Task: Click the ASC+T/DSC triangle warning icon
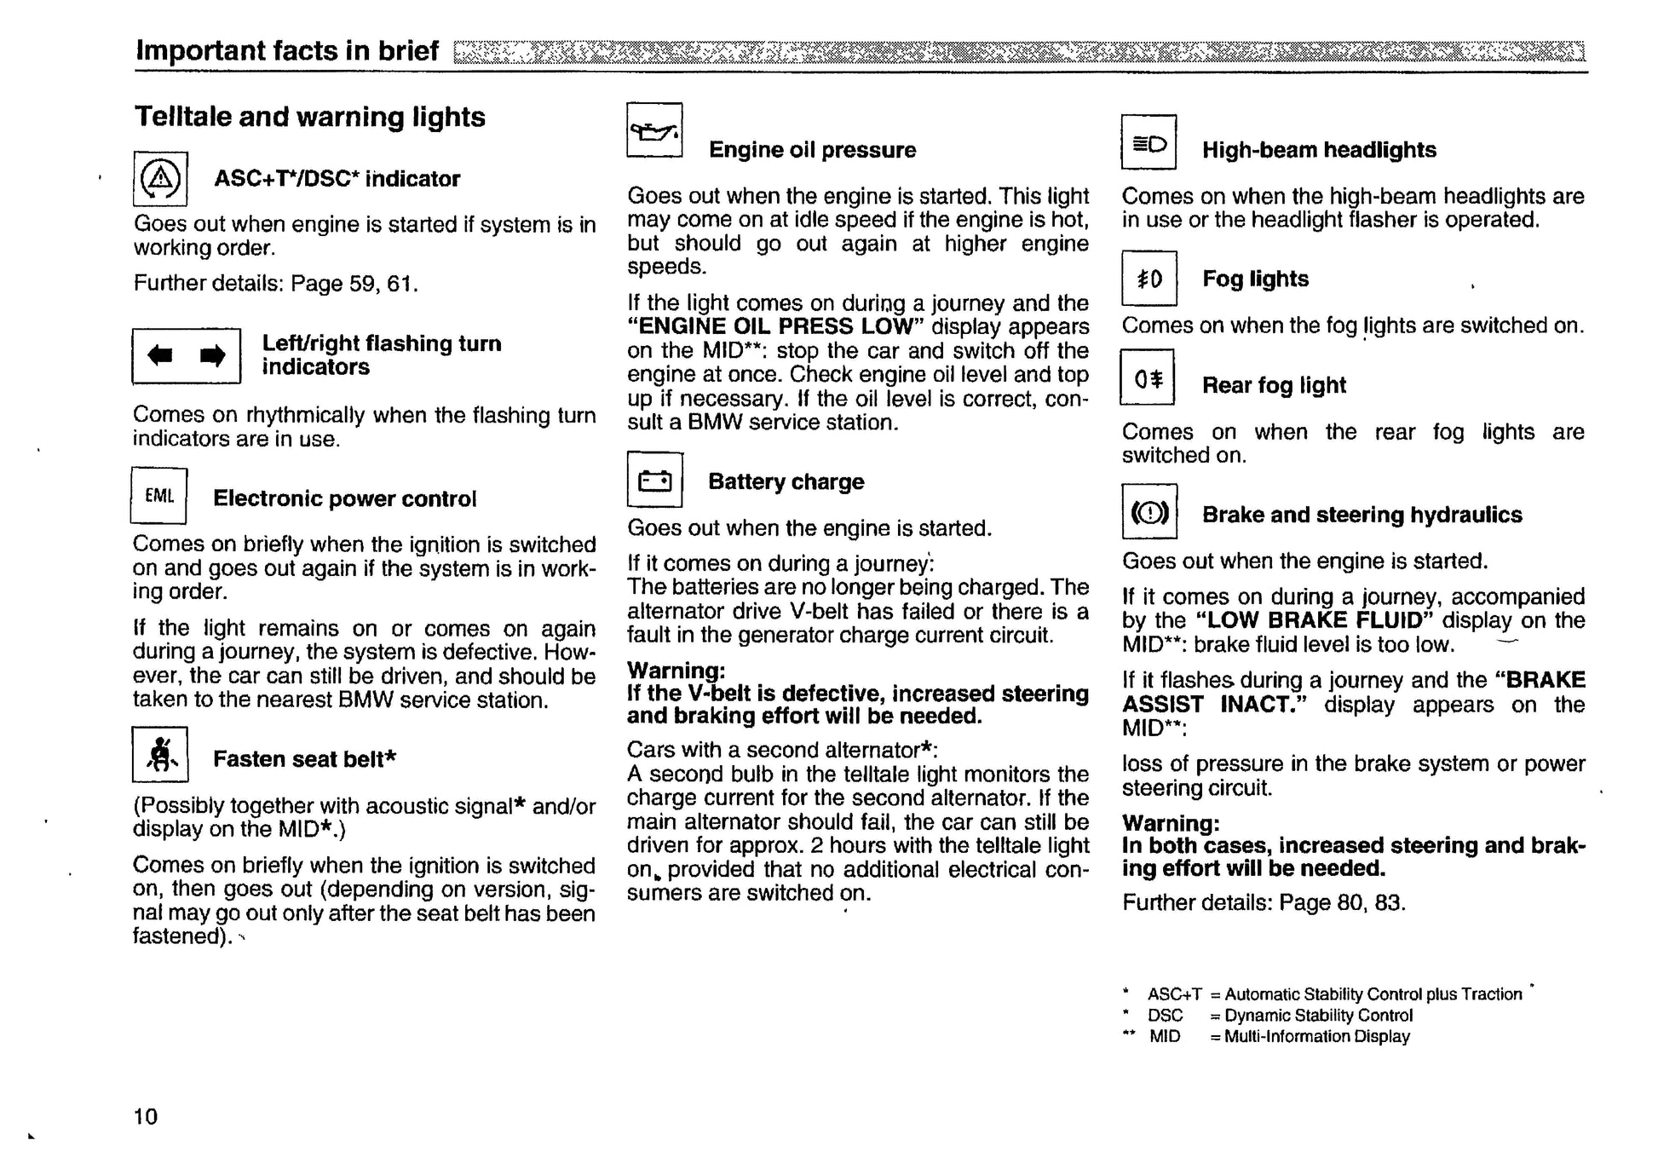tap(160, 178)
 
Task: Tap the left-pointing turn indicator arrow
tap(160, 355)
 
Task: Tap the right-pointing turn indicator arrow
tap(213, 355)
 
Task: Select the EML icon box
tap(159, 496)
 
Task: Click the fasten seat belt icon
tap(160, 754)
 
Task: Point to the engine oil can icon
tap(654, 130)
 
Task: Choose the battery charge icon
tap(654, 481)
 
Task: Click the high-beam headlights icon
tap(1149, 143)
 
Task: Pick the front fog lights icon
tap(1149, 279)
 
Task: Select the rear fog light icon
tap(1148, 378)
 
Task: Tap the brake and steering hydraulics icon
tap(1149, 512)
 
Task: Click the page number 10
tap(146, 1116)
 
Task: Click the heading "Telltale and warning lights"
tap(310, 117)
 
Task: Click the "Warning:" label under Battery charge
tap(676, 671)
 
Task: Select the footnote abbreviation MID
tap(1165, 1037)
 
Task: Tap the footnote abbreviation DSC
tap(1166, 1016)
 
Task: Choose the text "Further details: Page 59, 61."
tap(276, 283)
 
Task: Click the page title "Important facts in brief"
tap(287, 51)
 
